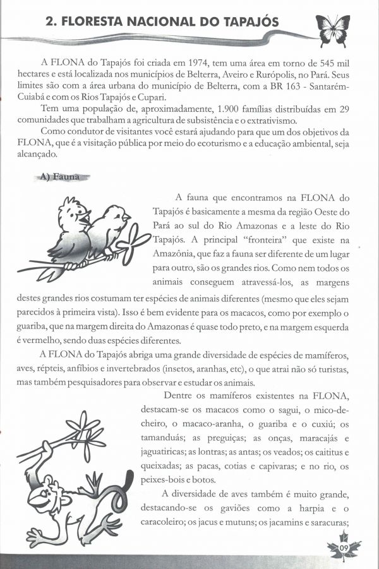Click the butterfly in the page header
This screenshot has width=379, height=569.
point(332,30)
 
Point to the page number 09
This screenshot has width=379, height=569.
point(344,546)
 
